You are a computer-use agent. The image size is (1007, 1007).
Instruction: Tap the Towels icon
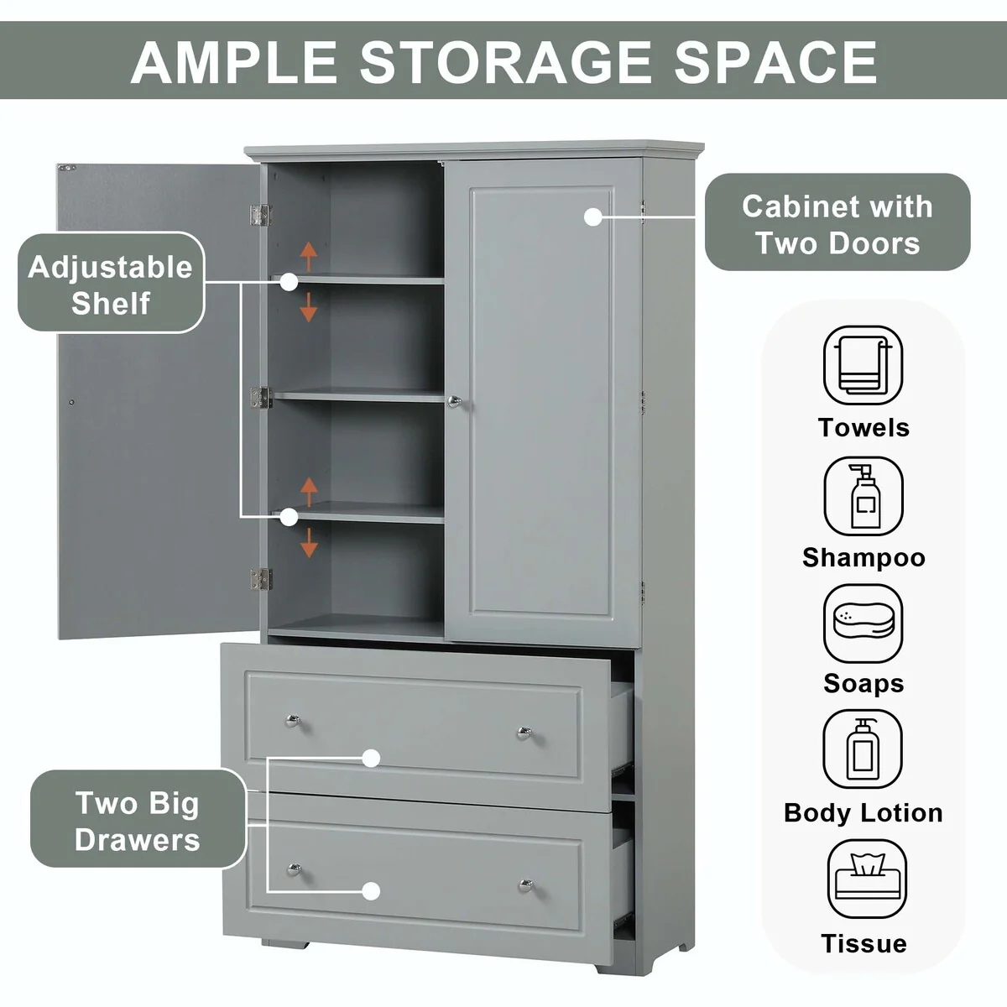coord(863,366)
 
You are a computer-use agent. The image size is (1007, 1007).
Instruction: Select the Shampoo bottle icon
coord(863,497)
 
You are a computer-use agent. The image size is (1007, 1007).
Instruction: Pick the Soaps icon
coord(863,624)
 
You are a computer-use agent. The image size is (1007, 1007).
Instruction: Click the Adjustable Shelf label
coord(111,284)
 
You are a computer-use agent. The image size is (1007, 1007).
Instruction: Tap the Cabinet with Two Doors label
coord(837,223)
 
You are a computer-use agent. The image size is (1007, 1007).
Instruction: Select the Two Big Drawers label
coord(138,821)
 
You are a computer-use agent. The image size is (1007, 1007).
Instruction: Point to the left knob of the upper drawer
coord(291,719)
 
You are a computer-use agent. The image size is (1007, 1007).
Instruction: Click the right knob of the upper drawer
coord(524,733)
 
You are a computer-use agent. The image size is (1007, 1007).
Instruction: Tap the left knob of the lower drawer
coord(293,868)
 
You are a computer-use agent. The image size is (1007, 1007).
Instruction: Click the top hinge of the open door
coord(262,215)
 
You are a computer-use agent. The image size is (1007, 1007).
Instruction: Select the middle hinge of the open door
coord(262,398)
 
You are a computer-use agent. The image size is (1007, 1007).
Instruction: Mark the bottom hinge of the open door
coord(261,578)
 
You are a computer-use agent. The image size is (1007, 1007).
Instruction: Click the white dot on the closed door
coord(593,217)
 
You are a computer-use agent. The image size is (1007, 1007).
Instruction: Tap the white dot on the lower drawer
coord(372,891)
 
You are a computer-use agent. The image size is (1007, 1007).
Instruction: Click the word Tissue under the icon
coord(864,943)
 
